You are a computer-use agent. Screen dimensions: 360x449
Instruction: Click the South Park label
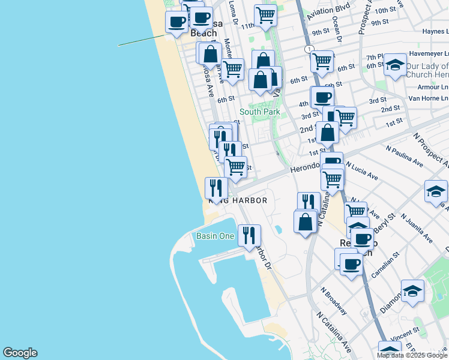(260, 112)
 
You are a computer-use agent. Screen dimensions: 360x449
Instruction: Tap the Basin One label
(215, 236)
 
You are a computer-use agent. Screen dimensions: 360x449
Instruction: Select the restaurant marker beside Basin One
(249, 235)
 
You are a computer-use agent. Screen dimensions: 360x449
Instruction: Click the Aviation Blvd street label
(328, 15)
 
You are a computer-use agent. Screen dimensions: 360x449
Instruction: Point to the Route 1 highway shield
(309, 49)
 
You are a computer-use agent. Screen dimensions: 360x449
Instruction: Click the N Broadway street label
(334, 300)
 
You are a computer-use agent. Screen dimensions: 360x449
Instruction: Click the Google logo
(20, 353)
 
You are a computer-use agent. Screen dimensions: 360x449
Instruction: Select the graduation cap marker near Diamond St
(412, 291)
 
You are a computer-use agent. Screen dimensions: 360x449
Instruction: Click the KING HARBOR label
(238, 200)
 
